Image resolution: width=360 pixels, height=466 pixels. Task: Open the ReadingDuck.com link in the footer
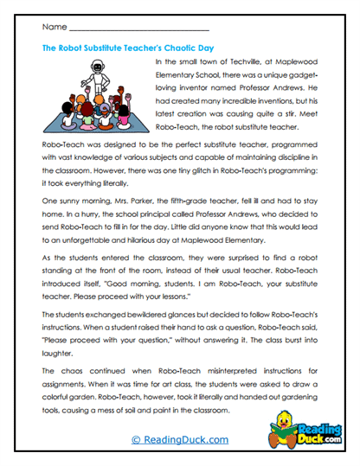coord(180,440)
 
